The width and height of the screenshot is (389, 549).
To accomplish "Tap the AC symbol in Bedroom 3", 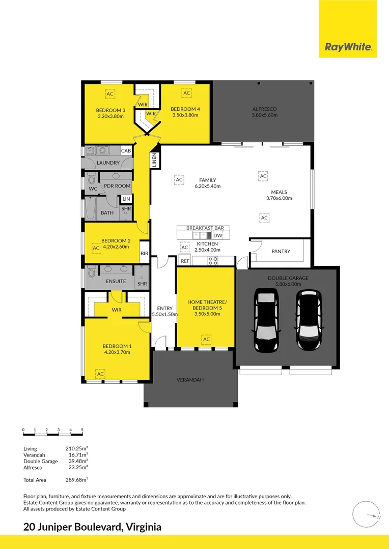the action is pos(110,94).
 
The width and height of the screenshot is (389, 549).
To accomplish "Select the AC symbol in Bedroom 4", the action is pos(186,93).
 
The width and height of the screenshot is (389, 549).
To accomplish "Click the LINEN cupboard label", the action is pos(154,160).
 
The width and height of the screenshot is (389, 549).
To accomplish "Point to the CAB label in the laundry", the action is pos(126,150).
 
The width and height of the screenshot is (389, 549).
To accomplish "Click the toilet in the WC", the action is pos(92,179).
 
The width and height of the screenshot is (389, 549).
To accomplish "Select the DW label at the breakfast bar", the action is pos(218,236).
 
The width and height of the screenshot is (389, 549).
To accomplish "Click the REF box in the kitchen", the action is pos(185,261).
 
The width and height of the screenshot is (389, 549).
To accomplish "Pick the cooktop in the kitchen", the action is pos(213,260).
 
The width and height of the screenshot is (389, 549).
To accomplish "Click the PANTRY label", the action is pos(281,251).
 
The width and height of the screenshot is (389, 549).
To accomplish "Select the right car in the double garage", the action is pos(309,320).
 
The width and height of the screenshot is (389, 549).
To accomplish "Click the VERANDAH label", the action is pos(190,380).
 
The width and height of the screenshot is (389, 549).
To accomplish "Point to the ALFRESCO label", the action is pos(264,109).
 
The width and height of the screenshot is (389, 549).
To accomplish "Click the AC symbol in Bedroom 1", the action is pos(101,374).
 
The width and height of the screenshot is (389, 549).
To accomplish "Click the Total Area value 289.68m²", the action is pos(76,480).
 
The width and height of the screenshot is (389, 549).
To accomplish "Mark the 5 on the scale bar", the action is pos(82,430).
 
